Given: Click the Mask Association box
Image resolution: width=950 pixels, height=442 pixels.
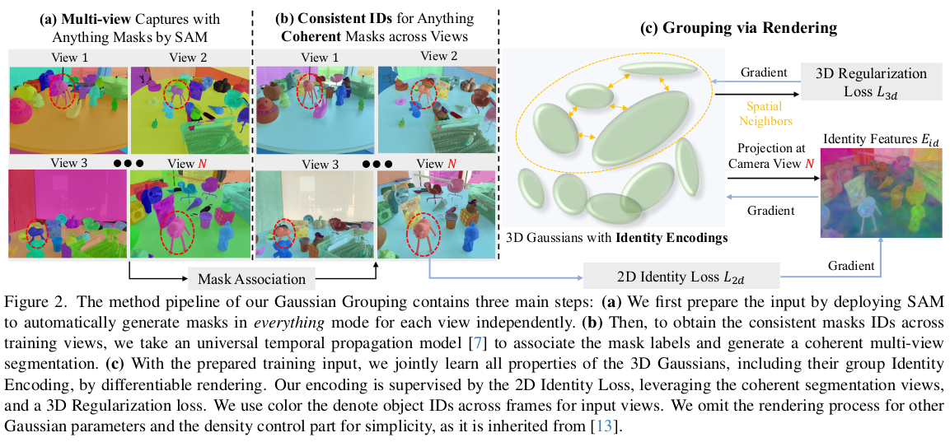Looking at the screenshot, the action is point(250,278).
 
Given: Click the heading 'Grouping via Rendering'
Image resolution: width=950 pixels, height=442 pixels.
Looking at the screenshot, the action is point(738,28).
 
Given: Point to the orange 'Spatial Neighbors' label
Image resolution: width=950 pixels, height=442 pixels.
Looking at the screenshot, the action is point(768,114).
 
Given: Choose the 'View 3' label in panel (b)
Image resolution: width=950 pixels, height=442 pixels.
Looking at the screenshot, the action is point(320,164).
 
